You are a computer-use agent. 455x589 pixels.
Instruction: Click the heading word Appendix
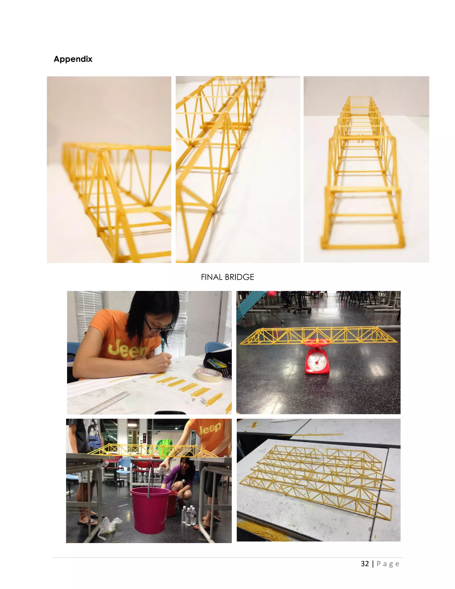pyautogui.click(x=73, y=59)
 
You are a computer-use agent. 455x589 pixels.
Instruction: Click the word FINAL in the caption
pyautogui.click(x=212, y=277)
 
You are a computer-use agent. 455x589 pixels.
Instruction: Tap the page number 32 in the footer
pyautogui.click(x=365, y=564)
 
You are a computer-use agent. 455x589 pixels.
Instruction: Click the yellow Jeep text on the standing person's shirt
pyautogui.click(x=210, y=429)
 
